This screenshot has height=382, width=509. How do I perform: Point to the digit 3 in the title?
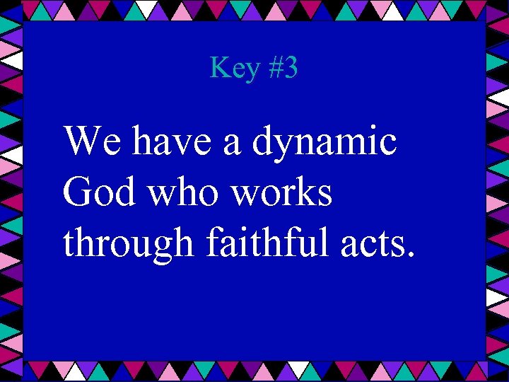(290, 69)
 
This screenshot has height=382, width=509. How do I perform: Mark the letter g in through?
(163, 248)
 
